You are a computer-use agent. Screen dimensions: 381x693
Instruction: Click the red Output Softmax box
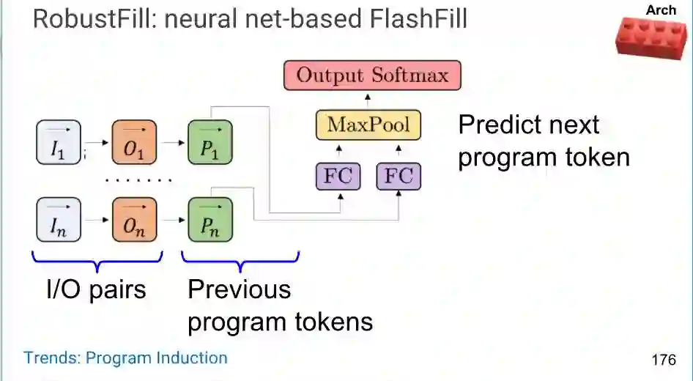pos(372,75)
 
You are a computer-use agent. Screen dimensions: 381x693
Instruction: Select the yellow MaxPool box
pos(368,125)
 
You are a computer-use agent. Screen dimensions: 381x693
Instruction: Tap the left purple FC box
pos(338,176)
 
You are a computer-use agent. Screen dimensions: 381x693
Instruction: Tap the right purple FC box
pos(399,176)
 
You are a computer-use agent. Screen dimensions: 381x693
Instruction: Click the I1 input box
pos(58,141)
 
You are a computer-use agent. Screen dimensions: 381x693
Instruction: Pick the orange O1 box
pos(134,141)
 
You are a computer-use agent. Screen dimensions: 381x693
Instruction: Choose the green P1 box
pos(210,141)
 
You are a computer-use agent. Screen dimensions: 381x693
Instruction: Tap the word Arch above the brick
pos(661,10)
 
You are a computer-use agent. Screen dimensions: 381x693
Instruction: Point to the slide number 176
pos(663,360)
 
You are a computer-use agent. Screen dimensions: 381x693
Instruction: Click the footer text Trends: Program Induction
pos(125,358)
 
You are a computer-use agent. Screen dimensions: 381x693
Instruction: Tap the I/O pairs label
pos(96,289)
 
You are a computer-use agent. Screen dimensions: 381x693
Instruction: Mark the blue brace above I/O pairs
pos(97,260)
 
